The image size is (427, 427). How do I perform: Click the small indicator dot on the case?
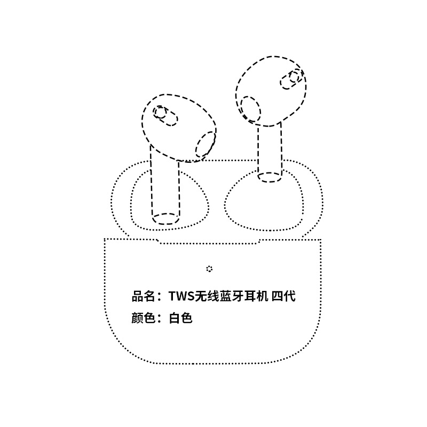tap(209, 268)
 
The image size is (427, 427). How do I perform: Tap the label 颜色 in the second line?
tap(143, 318)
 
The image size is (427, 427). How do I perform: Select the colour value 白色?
tap(180, 318)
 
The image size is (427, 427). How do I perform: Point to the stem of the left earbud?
tap(165, 187)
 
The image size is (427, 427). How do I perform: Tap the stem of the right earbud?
tap(270, 152)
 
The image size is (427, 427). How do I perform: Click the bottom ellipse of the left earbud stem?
tap(166, 218)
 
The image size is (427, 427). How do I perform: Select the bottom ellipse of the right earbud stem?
tap(270, 177)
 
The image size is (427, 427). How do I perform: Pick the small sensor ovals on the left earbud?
tap(165, 115)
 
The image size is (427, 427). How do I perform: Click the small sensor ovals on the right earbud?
tap(291, 79)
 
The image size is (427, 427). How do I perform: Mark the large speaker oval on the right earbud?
tap(250, 109)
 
